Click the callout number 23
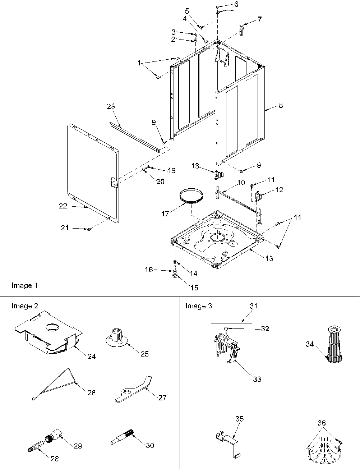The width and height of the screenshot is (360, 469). pyautogui.click(x=111, y=106)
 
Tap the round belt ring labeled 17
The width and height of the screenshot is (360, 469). pyautogui.click(x=191, y=196)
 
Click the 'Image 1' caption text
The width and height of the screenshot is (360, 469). pyautogui.click(x=24, y=285)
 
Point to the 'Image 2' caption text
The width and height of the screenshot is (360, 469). pyautogui.click(x=25, y=306)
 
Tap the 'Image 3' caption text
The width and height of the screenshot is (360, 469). pyautogui.click(x=198, y=306)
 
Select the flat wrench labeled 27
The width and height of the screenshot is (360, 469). pyautogui.click(x=133, y=390)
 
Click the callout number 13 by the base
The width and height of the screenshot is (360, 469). pyautogui.click(x=269, y=258)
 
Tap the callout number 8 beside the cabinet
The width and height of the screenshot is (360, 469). pyautogui.click(x=281, y=105)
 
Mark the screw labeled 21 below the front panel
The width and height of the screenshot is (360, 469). pyautogui.click(x=89, y=229)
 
